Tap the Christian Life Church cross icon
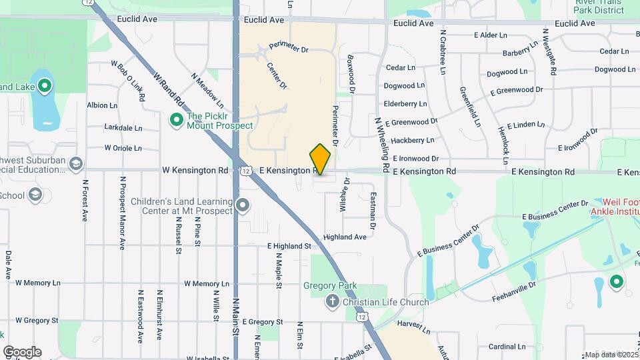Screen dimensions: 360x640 (332, 302)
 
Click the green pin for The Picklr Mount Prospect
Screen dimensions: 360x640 (177, 120)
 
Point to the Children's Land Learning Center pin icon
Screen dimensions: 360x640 (243, 205)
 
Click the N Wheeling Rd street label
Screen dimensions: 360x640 (381, 145)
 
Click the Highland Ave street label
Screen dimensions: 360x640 (345, 237)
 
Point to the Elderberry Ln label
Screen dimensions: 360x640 (405, 104)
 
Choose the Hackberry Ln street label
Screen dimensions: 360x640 (412, 140)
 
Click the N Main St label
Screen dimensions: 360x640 (235, 318)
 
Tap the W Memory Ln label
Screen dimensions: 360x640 (37, 283)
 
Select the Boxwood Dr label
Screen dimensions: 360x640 (351, 73)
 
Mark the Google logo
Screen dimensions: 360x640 (22, 351)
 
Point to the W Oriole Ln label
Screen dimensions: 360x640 (123, 148)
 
